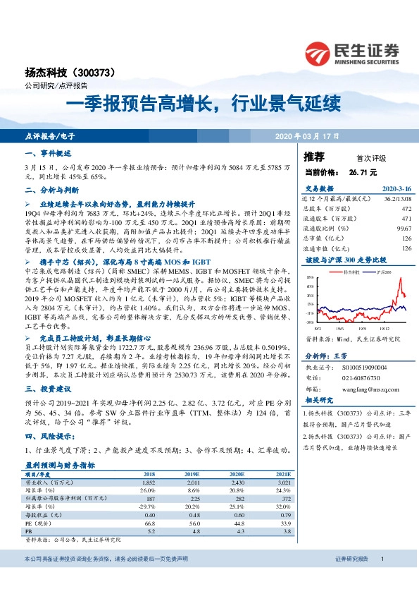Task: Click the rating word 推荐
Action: pyautogui.click(x=314, y=157)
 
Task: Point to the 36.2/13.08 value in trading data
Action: pyautogui.click(x=396, y=200)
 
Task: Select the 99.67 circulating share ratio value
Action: pyautogui.click(x=404, y=229)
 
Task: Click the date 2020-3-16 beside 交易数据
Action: pyautogui.click(x=396, y=190)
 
